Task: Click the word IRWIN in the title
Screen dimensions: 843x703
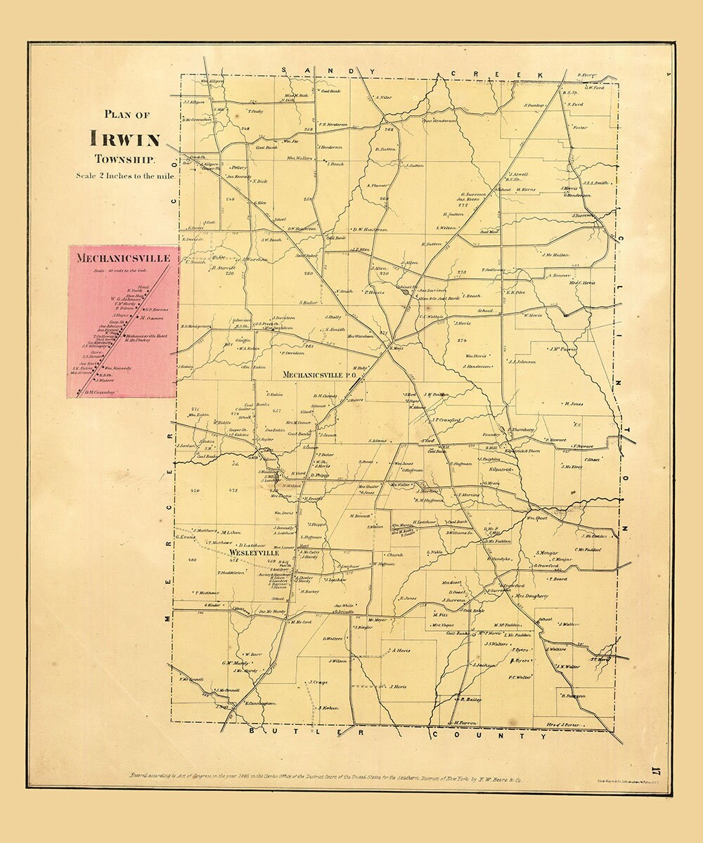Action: pos(124,138)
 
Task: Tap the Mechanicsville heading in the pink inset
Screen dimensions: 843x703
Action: pos(123,258)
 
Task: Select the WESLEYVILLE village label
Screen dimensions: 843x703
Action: pos(254,554)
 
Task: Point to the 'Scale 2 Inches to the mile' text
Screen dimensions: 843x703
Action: pos(126,175)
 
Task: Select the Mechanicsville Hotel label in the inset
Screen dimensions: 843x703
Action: pos(145,336)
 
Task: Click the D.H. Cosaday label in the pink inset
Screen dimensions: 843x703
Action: pos(98,392)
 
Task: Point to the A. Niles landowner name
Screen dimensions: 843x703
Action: pos(383,98)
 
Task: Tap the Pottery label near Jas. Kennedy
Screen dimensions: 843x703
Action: pos(239,168)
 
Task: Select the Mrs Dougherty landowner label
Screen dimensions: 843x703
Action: pos(531,596)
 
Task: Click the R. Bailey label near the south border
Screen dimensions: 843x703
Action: pos(471,699)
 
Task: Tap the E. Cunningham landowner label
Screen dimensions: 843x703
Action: pos(263,702)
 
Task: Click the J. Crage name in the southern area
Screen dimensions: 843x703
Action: pos(318,682)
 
